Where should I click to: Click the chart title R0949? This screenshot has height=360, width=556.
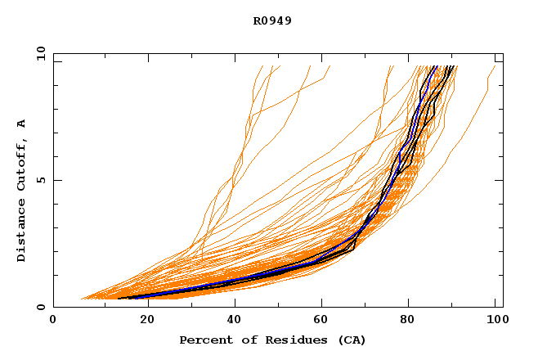pyautogui.click(x=272, y=20)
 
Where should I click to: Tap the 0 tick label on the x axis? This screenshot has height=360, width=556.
pyautogui.click(x=53, y=321)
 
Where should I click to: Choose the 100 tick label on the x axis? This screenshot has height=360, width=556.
pyautogui.click(x=493, y=321)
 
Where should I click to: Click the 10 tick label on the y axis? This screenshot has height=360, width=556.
pyautogui.click(x=39, y=53)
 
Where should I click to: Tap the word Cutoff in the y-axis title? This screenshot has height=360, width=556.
pyautogui.click(x=22, y=160)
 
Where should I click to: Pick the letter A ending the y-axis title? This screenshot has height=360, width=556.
pyautogui.click(x=22, y=124)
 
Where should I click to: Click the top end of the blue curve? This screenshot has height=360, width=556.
pyautogui.click(x=437, y=66)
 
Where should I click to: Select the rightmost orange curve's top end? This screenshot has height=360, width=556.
pyautogui.click(x=495, y=66)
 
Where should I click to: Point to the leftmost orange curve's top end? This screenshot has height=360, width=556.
pyautogui.click(x=262, y=66)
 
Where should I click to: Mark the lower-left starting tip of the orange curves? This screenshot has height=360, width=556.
pyautogui.click(x=81, y=299)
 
